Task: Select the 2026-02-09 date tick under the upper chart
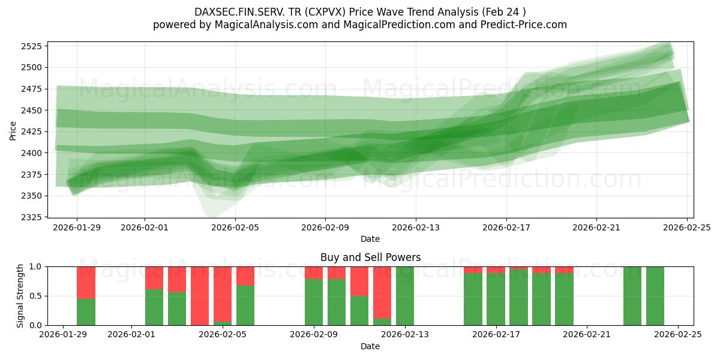[x=325, y=228]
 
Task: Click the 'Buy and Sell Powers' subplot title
[x=370, y=257]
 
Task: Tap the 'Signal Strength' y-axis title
[x=20, y=296]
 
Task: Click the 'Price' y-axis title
[x=13, y=130]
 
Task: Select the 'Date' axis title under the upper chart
[x=370, y=239]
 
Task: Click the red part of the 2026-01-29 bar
[x=86, y=282]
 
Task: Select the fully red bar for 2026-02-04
[x=200, y=296]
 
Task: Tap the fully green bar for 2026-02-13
[x=405, y=296]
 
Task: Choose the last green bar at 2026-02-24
[x=655, y=296]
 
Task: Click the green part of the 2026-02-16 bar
[x=473, y=299]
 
